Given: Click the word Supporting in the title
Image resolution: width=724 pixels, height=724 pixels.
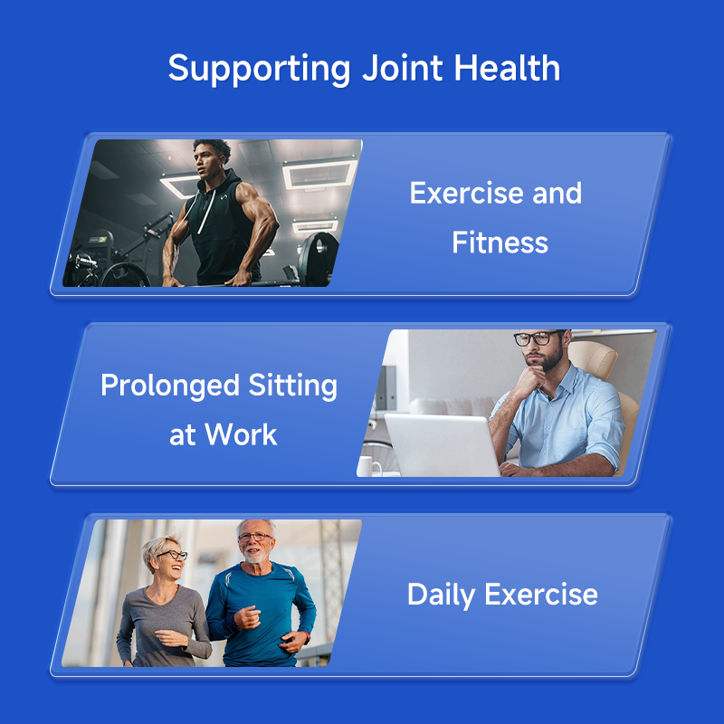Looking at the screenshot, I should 260,69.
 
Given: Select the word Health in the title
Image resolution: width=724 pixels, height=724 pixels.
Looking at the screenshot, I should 507,69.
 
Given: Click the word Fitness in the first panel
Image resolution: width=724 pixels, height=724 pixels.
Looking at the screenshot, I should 500,243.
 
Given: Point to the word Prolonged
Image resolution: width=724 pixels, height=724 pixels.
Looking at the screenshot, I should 159,386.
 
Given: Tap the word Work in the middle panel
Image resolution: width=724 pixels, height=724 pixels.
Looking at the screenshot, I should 240,434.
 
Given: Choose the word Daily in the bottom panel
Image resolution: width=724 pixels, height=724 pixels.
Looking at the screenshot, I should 442,595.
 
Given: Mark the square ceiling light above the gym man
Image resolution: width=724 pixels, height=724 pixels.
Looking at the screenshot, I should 318,173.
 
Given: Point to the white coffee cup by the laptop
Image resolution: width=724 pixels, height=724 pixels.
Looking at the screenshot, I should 369,465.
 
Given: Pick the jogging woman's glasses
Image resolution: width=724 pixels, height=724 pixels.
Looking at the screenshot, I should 173,555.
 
